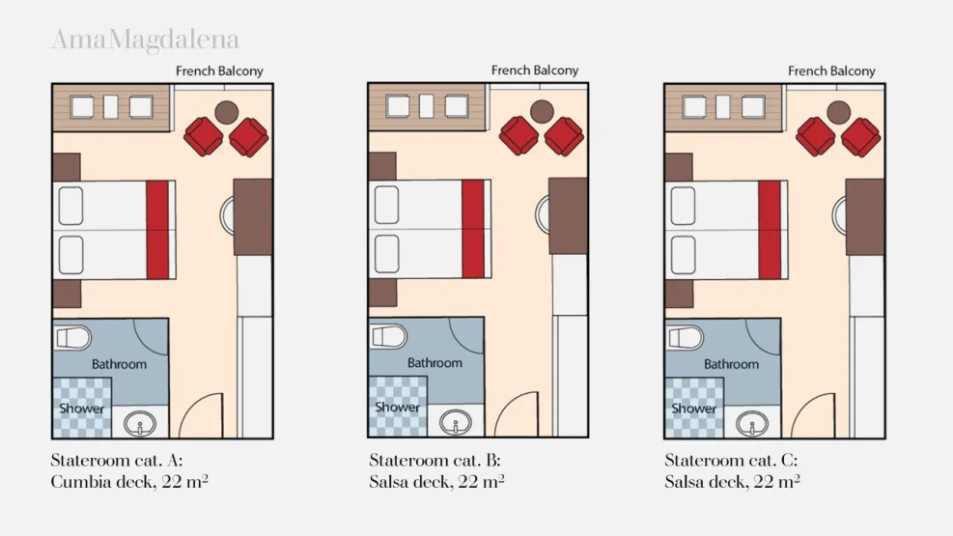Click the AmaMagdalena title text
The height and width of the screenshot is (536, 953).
point(145,41)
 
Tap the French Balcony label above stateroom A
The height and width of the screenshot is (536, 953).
point(219,71)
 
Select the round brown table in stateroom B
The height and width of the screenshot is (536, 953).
point(542,111)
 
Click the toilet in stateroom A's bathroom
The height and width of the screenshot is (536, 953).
point(73,338)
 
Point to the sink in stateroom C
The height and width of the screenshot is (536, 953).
point(752,424)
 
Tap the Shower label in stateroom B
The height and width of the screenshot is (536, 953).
point(397,408)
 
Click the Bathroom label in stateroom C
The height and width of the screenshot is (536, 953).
point(731,364)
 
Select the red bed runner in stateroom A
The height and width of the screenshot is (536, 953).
point(158,230)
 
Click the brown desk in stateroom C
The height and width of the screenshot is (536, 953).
point(865,217)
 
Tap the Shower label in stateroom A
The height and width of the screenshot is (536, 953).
point(81,409)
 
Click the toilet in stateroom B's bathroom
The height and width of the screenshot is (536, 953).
point(389,337)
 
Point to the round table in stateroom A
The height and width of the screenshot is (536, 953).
point(226,112)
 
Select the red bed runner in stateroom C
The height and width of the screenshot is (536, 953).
point(771,230)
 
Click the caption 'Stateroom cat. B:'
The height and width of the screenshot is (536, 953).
point(435,460)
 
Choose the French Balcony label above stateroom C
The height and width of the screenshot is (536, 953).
point(831,71)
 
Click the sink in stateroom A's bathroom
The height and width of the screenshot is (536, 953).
point(140,424)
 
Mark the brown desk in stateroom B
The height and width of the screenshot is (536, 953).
point(569,215)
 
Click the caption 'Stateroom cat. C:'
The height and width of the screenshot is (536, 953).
point(731,460)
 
